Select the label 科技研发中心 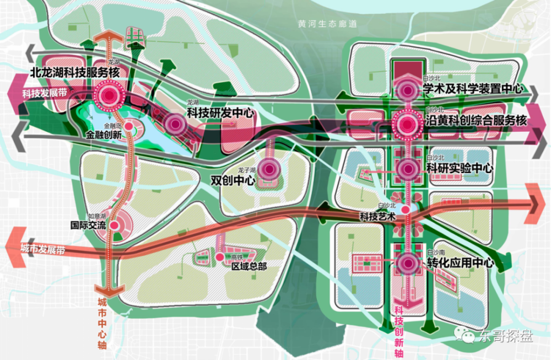(x=220, y=114)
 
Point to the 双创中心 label (x=234, y=180)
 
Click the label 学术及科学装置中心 (x=472, y=89)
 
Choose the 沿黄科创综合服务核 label (x=477, y=121)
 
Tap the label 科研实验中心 (x=459, y=168)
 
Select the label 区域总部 (x=246, y=266)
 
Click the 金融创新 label (x=104, y=134)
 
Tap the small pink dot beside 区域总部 (x=219, y=256)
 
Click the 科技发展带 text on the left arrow (x=40, y=93)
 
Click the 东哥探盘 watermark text (x=505, y=336)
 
